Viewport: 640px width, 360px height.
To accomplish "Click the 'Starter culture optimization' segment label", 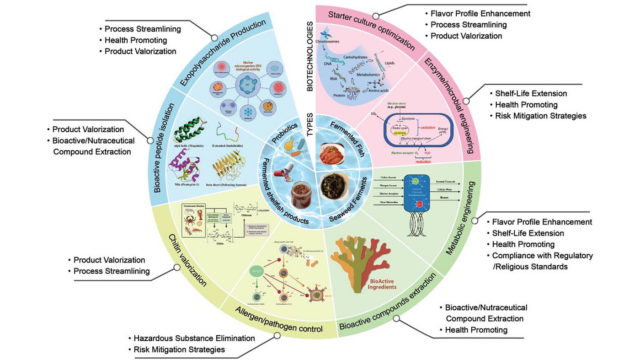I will (371, 30).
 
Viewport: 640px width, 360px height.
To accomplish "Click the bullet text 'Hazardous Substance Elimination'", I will (194, 339).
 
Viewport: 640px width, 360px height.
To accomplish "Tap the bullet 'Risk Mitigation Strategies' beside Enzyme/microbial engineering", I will (540, 116).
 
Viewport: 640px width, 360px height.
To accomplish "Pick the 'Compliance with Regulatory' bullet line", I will (542, 255).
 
